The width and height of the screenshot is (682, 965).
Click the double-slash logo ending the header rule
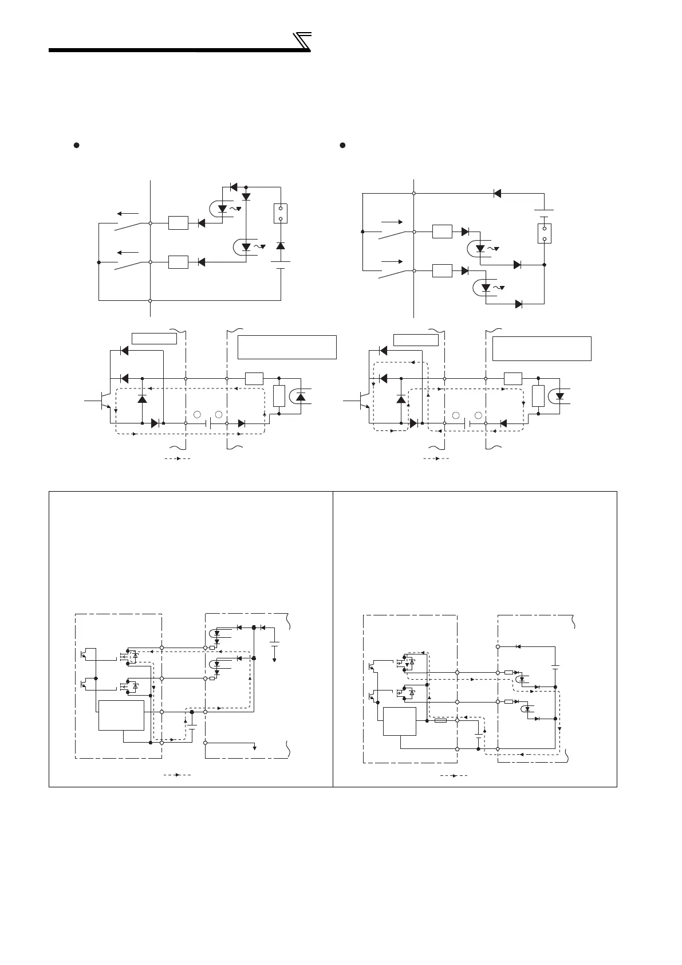(302, 42)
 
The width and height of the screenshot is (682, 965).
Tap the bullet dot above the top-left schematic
(76, 145)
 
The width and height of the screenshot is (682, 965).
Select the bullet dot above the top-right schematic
(342, 145)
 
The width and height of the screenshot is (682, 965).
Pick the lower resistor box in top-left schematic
(178, 262)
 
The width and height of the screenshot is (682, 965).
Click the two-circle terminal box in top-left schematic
(281, 213)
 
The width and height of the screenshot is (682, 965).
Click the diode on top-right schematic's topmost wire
(497, 193)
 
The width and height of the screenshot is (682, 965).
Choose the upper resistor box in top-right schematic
(442, 232)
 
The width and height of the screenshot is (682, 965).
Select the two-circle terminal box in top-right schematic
(544, 233)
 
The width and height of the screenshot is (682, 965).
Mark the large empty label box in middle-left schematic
(286, 347)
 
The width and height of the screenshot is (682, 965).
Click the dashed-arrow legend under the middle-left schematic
(178, 459)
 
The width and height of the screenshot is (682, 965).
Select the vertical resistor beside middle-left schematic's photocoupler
(279, 396)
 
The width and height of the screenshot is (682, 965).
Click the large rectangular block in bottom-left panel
(121, 715)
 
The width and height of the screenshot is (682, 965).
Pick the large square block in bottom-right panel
(400, 721)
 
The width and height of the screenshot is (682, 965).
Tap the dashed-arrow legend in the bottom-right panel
(454, 775)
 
